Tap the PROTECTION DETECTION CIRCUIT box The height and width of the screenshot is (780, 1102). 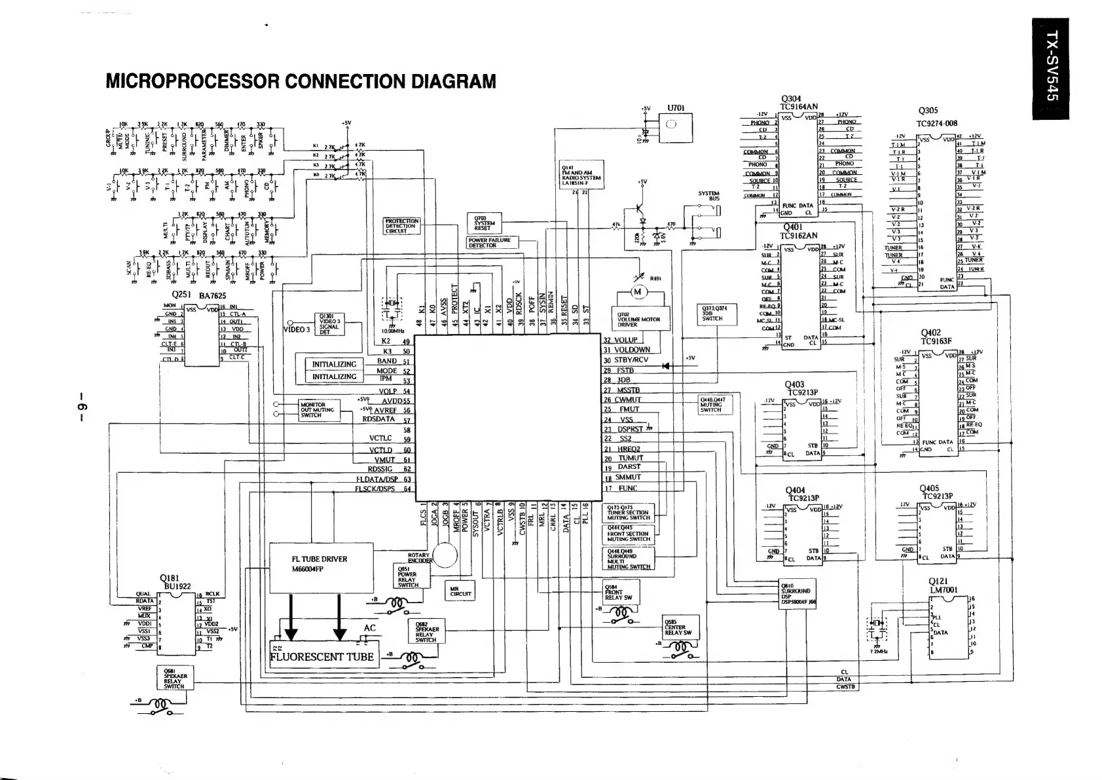(x=401, y=226)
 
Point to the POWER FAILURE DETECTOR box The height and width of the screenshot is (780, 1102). (x=492, y=243)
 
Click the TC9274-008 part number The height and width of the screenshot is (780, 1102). (x=937, y=123)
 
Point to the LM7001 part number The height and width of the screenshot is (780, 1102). (x=944, y=589)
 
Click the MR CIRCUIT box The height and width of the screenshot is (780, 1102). (x=460, y=591)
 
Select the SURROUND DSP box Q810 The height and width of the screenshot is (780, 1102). (x=798, y=595)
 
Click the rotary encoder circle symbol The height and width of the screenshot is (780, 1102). (x=445, y=556)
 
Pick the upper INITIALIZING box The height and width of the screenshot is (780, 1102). (x=334, y=364)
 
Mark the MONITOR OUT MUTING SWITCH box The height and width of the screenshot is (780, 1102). (x=319, y=409)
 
